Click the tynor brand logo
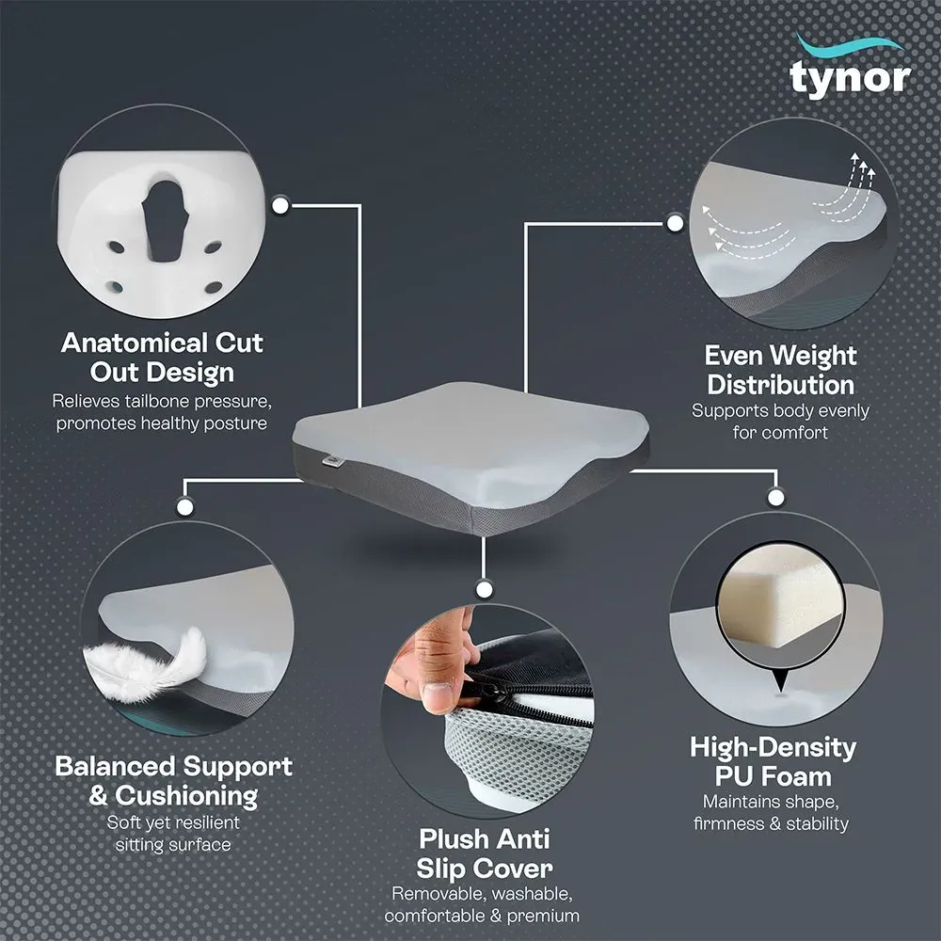tap(850, 68)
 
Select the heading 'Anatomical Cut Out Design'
tap(162, 358)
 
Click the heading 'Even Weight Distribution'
tap(780, 370)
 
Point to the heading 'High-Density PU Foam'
tap(773, 761)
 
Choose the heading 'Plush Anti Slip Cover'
tap(485, 853)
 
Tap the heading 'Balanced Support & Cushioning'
tap(173, 781)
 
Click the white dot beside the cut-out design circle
tap(280, 205)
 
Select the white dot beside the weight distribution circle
tap(675, 224)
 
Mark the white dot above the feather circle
tap(184, 507)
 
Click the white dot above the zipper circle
tap(485, 589)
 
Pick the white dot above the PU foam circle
tap(776, 497)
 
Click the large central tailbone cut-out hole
tap(164, 219)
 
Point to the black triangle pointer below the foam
tap(780, 681)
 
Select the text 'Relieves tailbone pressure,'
tap(162, 400)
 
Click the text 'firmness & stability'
tap(772, 823)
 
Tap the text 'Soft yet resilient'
tap(173, 822)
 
